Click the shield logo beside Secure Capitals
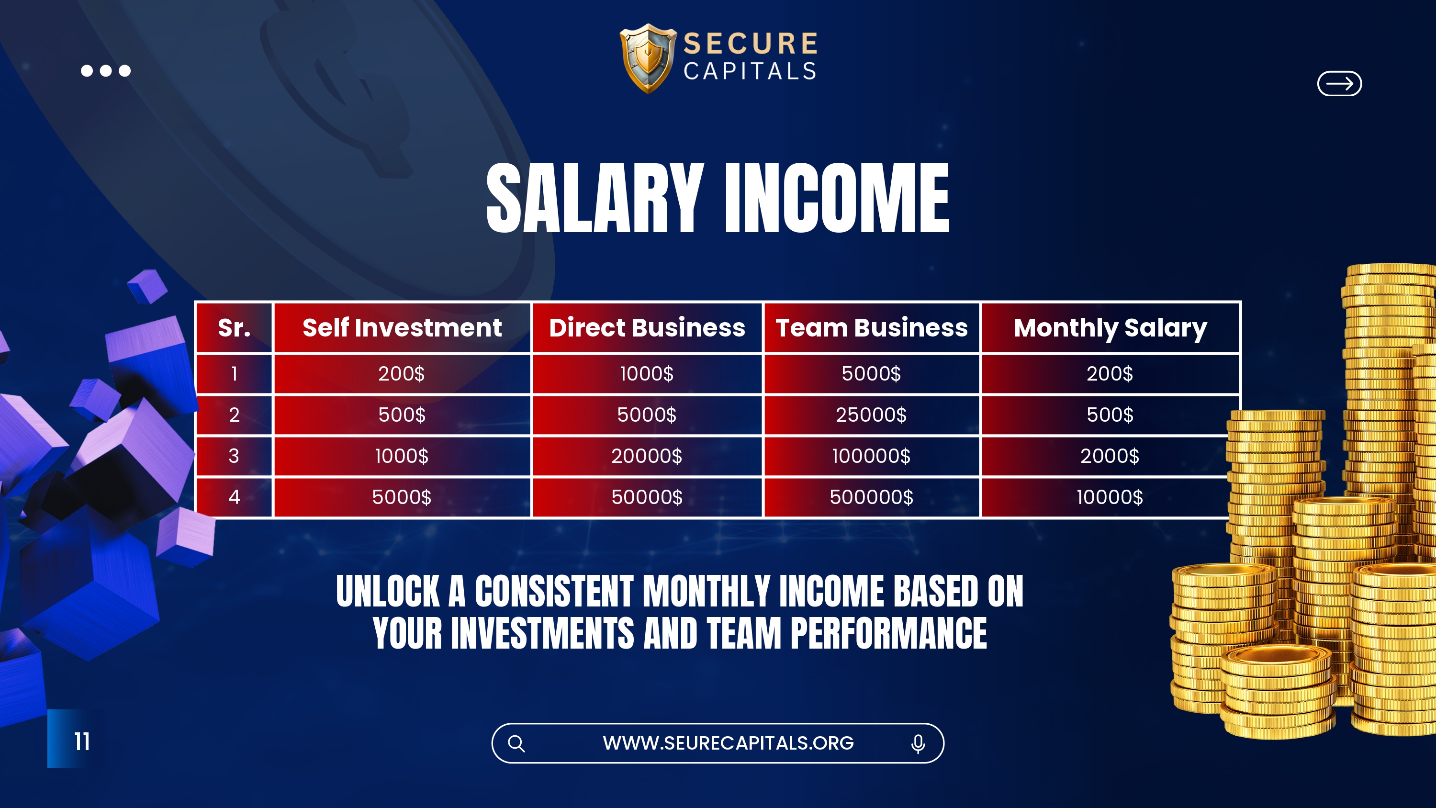pos(648,58)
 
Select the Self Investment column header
pos(402,328)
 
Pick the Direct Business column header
pos(647,328)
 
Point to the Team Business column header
pos(871,328)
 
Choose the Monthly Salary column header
pos(1110,328)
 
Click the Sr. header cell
pos(234,328)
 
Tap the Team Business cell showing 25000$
pos(871,415)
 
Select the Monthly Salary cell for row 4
pos(1110,497)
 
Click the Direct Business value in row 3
pos(647,456)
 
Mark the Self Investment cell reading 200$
pos(402,374)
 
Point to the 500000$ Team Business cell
pos(871,497)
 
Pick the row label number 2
pos(234,415)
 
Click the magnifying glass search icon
pos(516,743)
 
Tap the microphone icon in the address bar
pos(918,744)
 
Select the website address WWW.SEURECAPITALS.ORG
pos(728,743)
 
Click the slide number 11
pos(82,741)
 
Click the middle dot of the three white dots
pos(106,71)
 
